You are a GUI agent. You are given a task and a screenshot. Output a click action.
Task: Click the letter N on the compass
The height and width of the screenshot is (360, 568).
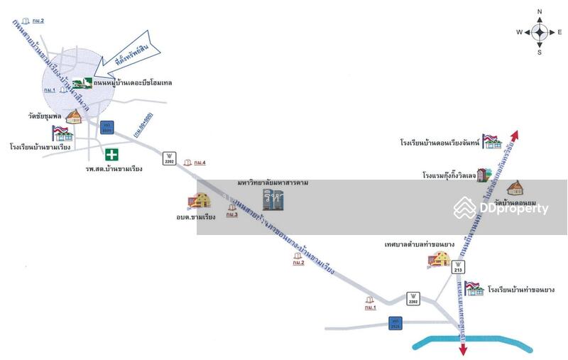coord(540,11)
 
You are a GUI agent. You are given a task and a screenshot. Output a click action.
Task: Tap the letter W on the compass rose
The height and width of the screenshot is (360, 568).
coord(519,33)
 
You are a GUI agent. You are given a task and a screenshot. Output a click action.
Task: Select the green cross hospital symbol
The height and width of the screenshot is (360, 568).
coord(111,154)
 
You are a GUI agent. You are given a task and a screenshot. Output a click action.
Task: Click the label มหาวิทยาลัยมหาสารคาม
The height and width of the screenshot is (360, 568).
coord(273,183)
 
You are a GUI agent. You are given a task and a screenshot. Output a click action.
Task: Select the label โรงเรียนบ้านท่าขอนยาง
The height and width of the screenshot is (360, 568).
coord(520,290)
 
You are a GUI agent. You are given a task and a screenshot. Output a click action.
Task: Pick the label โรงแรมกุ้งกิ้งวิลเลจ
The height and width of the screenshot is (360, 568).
coord(448,175)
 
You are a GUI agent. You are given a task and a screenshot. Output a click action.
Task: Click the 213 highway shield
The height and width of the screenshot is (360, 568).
coord(458,268)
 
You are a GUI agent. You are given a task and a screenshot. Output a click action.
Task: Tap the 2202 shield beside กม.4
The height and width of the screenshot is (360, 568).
coord(169,158)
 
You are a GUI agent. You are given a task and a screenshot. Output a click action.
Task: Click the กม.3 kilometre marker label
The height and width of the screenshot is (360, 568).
coord(231,214)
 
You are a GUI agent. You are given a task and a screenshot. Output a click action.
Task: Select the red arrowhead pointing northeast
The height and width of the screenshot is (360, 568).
coord(516,136)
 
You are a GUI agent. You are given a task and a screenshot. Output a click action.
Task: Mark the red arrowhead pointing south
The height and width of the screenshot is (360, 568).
coord(463,349)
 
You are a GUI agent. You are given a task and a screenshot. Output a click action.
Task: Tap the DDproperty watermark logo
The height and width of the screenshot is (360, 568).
coord(501,208)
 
